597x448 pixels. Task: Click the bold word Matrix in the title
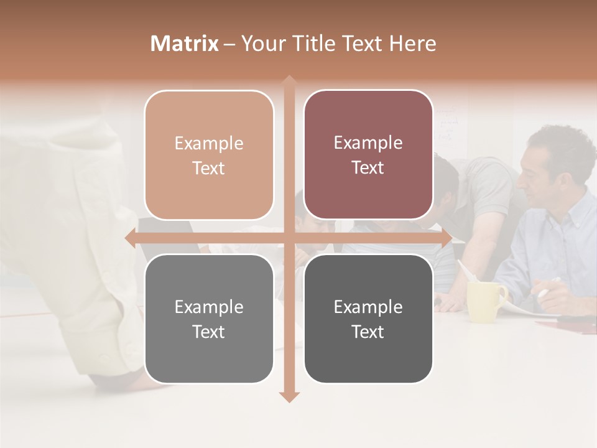tap(185, 44)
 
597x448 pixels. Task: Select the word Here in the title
tap(412, 44)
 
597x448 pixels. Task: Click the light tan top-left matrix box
tap(209, 155)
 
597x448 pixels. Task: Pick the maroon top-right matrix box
tap(368, 155)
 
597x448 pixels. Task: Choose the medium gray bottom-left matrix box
tap(209, 319)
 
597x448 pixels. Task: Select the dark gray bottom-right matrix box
tap(368, 319)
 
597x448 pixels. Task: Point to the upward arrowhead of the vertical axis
tap(289, 80)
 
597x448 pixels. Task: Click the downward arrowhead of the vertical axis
tap(289, 396)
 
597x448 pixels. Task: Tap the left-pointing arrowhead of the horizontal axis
tap(130, 238)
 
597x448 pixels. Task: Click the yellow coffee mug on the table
tap(485, 302)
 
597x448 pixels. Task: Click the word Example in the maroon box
tap(368, 143)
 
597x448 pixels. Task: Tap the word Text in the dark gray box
tap(368, 332)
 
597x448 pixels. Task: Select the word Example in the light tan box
tap(209, 143)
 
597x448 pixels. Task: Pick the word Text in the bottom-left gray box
tap(209, 332)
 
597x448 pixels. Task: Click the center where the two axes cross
tap(289, 238)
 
